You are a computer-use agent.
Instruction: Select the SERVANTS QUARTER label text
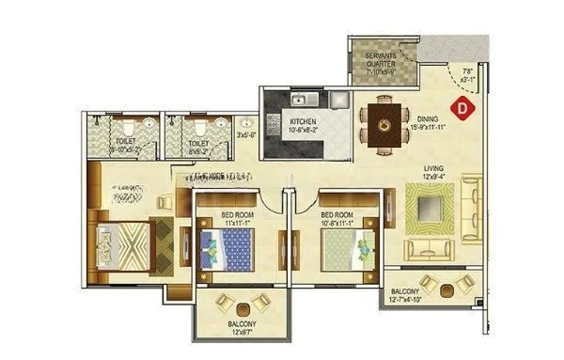[381, 60]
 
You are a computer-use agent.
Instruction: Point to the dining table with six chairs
[384, 120]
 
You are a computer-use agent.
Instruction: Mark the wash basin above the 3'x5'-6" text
[246, 122]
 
